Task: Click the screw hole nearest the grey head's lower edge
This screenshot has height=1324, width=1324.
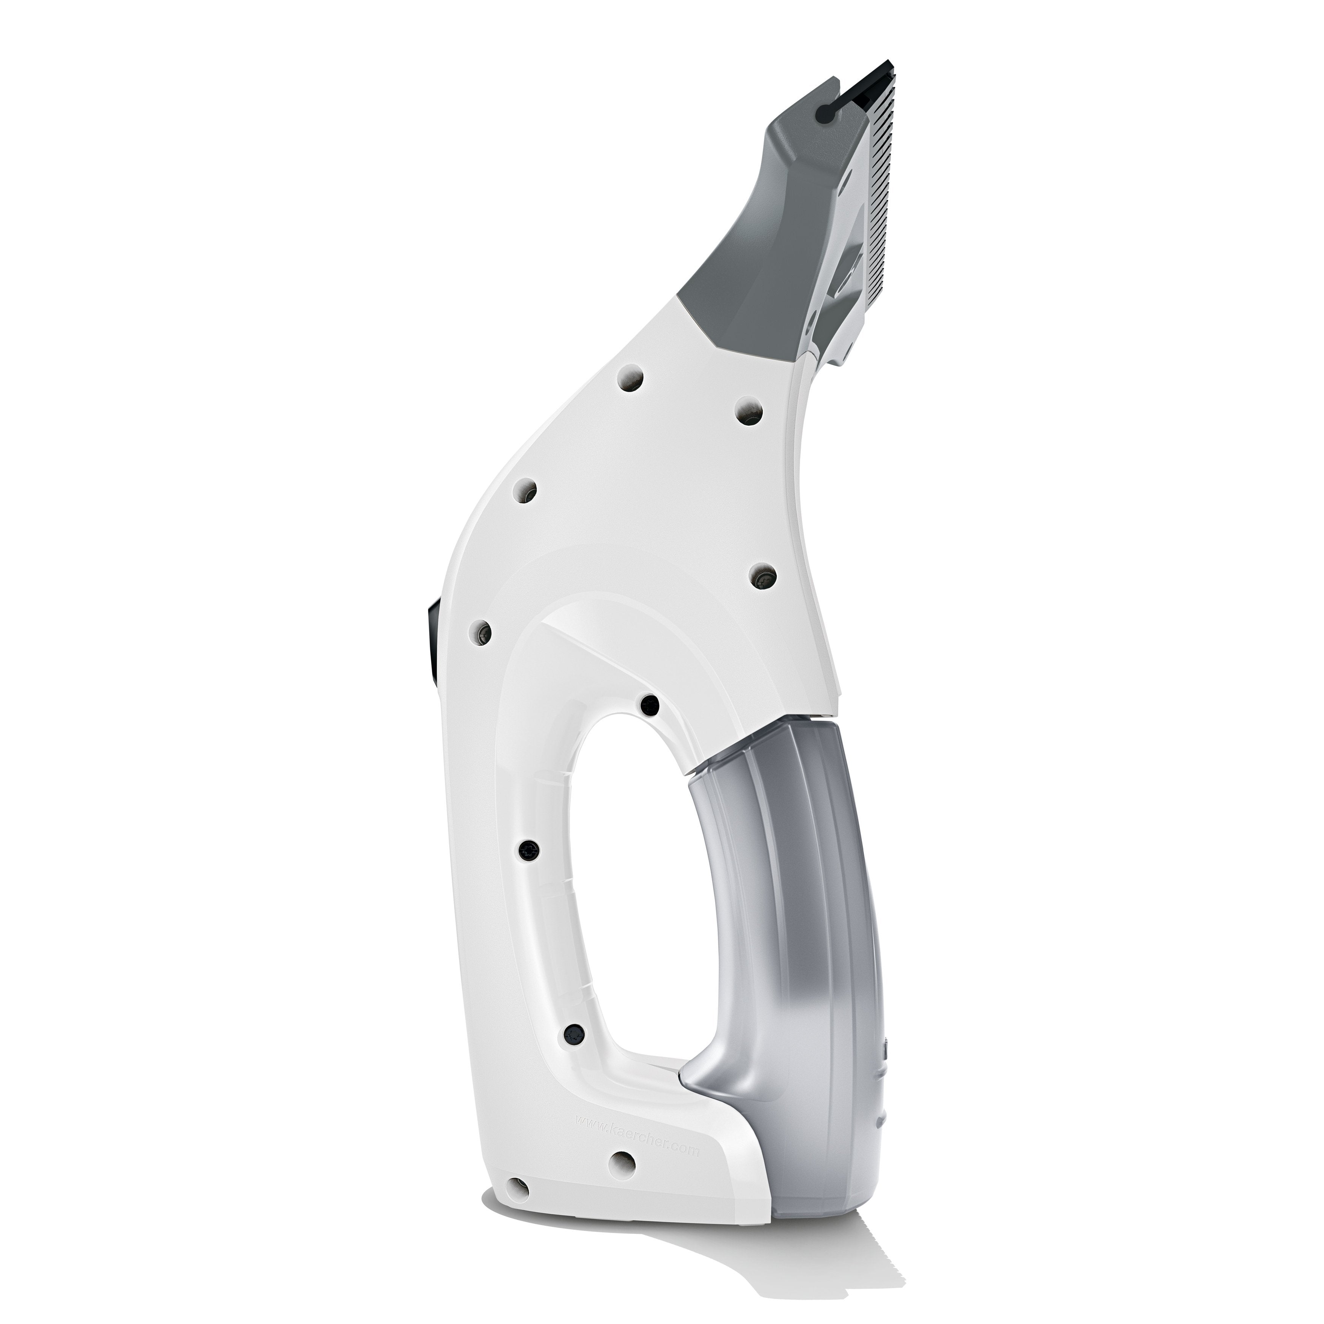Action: click(x=748, y=411)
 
